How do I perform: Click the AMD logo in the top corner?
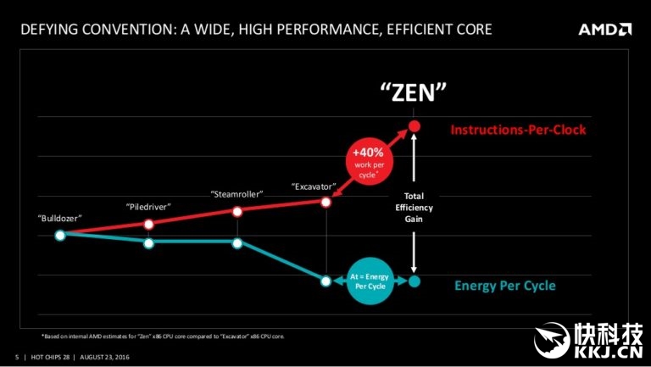[604, 30]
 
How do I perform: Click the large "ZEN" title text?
[413, 92]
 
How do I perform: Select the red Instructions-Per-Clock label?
[518, 130]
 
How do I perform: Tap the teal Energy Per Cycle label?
[505, 286]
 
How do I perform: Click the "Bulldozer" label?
[59, 218]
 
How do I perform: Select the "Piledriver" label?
[149, 206]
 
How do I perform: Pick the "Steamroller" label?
[236, 194]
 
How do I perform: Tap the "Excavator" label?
[314, 185]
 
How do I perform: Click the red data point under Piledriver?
[149, 225]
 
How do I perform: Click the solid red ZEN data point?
[414, 127]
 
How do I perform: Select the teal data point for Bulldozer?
[60, 235]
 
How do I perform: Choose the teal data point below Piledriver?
[149, 243]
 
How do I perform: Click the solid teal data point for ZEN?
[414, 281]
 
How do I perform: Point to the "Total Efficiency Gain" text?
[414, 207]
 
